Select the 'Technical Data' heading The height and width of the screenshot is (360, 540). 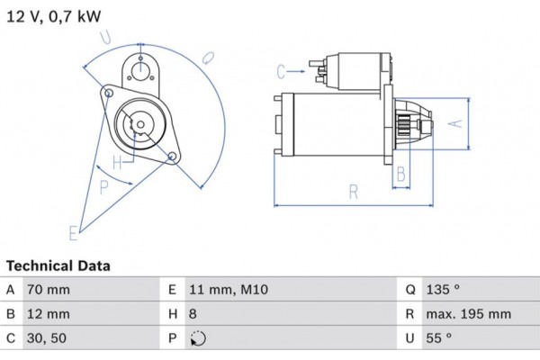(x=58, y=266)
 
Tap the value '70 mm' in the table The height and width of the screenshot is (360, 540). (x=49, y=290)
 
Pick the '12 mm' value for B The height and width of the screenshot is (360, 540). (x=49, y=314)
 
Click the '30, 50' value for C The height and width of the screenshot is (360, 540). (x=48, y=338)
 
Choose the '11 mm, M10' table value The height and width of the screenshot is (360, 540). (x=229, y=290)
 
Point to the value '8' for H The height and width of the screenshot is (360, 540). (x=194, y=314)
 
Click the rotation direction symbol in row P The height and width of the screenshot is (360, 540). (x=199, y=339)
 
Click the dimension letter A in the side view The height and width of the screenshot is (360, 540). (x=455, y=123)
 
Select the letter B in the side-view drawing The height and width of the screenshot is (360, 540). (x=401, y=173)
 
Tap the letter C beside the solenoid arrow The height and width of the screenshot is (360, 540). (x=281, y=71)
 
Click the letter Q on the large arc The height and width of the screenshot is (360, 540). (x=207, y=58)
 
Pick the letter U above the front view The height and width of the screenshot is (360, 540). (x=106, y=37)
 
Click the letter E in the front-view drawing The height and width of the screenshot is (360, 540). (x=74, y=233)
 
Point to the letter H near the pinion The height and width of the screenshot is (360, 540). (x=117, y=163)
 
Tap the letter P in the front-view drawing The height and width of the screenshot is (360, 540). (x=104, y=187)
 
